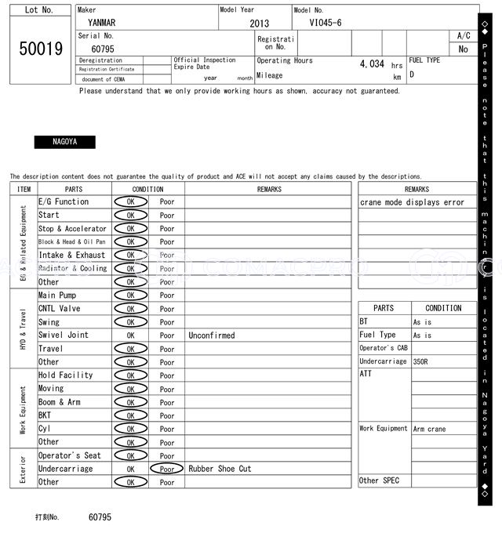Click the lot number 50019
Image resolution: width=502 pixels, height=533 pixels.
coord(41,49)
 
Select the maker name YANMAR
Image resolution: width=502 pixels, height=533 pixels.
coord(101,23)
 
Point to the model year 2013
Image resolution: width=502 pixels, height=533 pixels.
coord(259,24)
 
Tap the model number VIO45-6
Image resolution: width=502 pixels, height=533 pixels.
coord(326,23)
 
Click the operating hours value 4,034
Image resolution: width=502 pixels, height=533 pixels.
coord(371,64)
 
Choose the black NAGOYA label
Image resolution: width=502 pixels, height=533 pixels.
coord(64,143)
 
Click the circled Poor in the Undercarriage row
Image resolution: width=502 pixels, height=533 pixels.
coord(166,469)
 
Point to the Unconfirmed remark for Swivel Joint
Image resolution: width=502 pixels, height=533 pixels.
coord(211,335)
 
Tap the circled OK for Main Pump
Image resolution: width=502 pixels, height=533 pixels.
coord(130,296)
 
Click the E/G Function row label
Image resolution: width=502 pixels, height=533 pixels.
coord(64,202)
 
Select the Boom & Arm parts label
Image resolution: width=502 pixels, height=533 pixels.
coord(59,402)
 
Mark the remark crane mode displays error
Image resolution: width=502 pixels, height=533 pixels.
coord(412,202)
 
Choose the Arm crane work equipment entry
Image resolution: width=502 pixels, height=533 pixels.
coord(430,429)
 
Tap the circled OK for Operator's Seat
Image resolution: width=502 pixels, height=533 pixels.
coord(130,455)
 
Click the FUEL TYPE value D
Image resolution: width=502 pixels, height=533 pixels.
coord(412,75)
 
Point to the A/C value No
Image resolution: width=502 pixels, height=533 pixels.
coord(464,49)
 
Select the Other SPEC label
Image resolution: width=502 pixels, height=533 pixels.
coord(380,480)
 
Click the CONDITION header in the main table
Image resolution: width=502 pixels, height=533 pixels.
coord(147,189)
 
